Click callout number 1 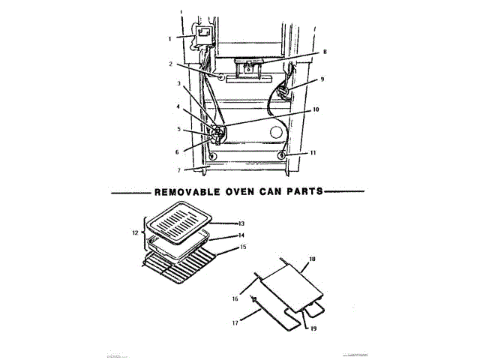(x=169, y=37)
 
